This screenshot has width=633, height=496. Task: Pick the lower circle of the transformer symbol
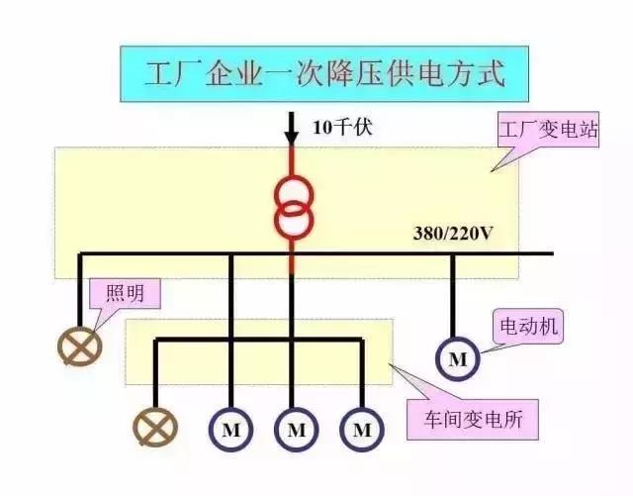pyautogui.click(x=293, y=221)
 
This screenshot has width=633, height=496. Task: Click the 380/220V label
pyautogui.click(x=452, y=235)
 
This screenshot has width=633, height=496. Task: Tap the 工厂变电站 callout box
pyautogui.click(x=547, y=131)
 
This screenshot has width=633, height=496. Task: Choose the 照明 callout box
pyautogui.click(x=124, y=294)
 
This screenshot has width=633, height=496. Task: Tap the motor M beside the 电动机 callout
pyautogui.click(x=457, y=359)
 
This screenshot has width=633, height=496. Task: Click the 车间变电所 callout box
pyautogui.click(x=475, y=419)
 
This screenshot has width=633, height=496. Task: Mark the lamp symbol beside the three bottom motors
pyautogui.click(x=153, y=429)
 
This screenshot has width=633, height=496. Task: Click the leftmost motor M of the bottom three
pyautogui.click(x=229, y=430)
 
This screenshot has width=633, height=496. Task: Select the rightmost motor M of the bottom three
pyautogui.click(x=362, y=430)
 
